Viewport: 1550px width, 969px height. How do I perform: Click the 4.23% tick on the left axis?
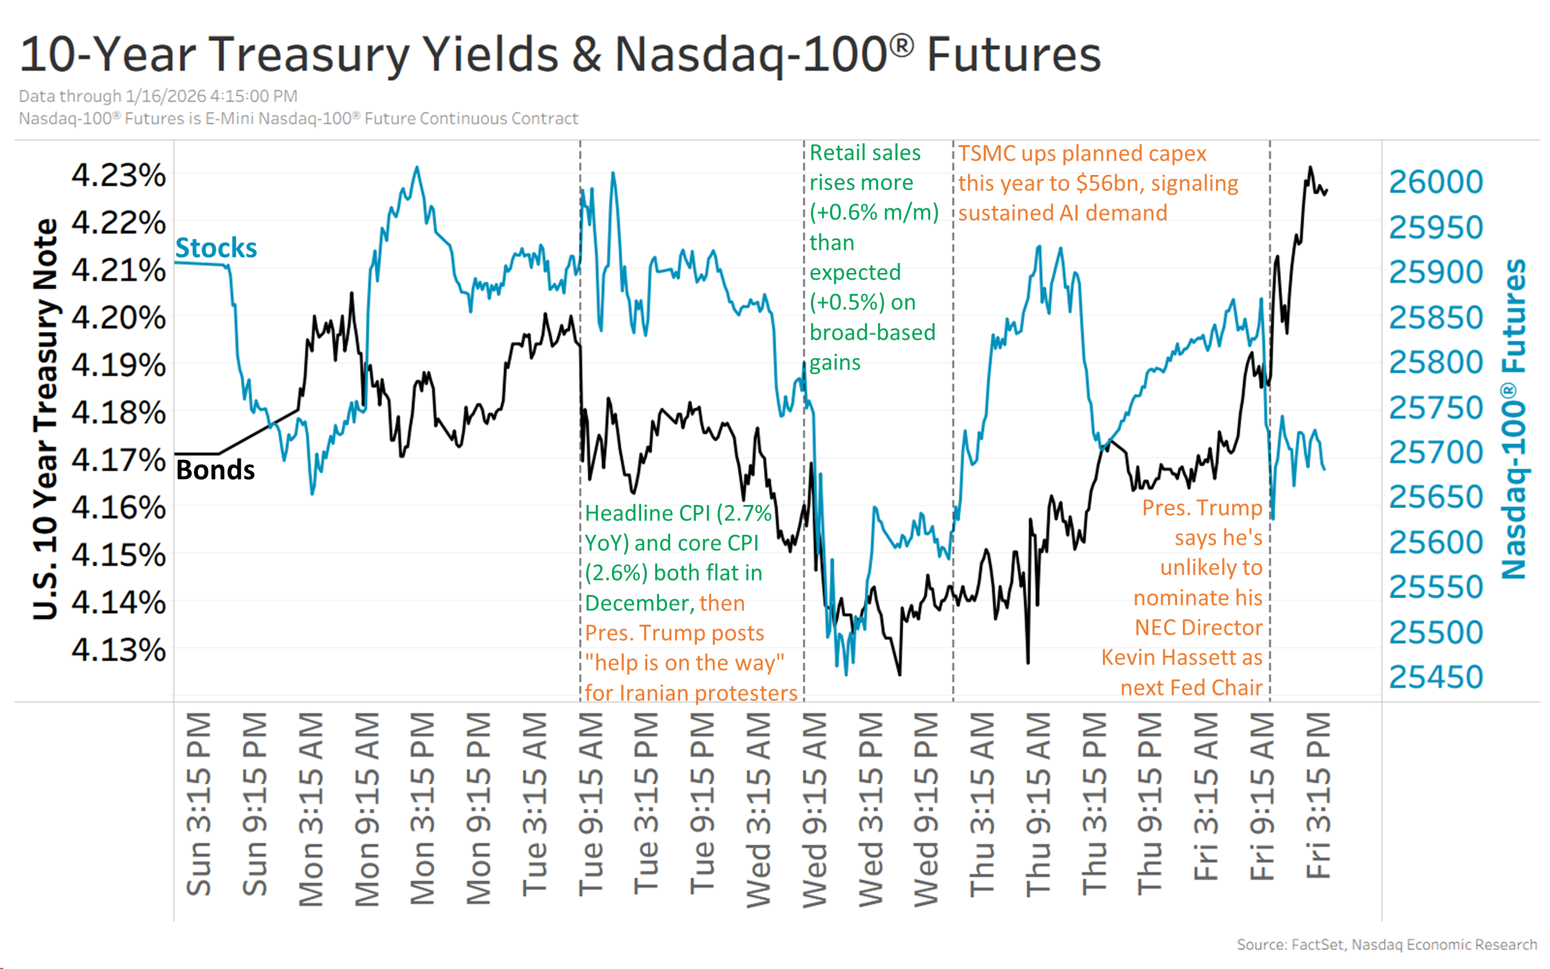[x=118, y=175]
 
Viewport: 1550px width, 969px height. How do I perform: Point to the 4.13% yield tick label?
[x=118, y=650]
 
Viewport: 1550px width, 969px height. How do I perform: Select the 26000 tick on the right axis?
[x=1435, y=182]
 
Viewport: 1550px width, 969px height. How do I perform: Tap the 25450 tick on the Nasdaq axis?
[x=1435, y=677]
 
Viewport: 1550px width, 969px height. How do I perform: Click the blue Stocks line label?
[x=216, y=248]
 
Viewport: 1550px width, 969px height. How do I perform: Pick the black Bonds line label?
[x=215, y=470]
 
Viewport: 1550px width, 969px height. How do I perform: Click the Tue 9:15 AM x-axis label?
[x=590, y=805]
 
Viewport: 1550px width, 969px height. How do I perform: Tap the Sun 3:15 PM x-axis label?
[x=198, y=805]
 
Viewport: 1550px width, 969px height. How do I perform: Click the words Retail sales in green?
[x=865, y=153]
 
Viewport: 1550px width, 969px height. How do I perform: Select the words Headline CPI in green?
[x=647, y=513]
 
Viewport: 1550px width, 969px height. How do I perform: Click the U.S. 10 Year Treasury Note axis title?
[x=45, y=420]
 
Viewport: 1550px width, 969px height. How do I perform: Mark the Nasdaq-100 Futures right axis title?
[x=1514, y=420]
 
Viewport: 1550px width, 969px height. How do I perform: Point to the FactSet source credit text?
[x=1386, y=945]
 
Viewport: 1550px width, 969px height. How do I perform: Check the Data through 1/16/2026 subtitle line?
[x=157, y=96]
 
